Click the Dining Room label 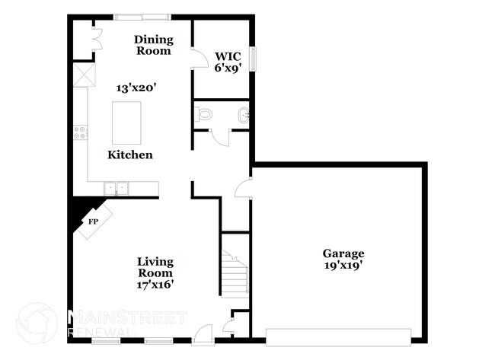pyautogui.click(x=153, y=45)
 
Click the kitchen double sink pyautogui.click(x=117, y=186)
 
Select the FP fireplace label pyautogui.click(x=93, y=221)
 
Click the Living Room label pyautogui.click(x=155, y=266)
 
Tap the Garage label pyautogui.click(x=343, y=253)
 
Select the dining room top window pyautogui.click(x=142, y=17)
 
